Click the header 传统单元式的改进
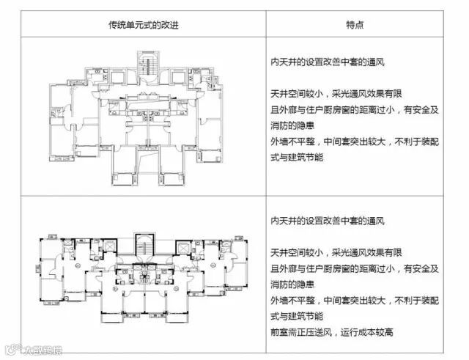pyautogui.click(x=143, y=24)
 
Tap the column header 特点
pyautogui.click(x=355, y=24)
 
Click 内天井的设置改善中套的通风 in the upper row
pyautogui.click(x=328, y=62)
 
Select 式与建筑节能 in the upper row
pyautogui.click(x=292, y=156)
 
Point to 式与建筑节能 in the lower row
pyautogui.click(x=292, y=316)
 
